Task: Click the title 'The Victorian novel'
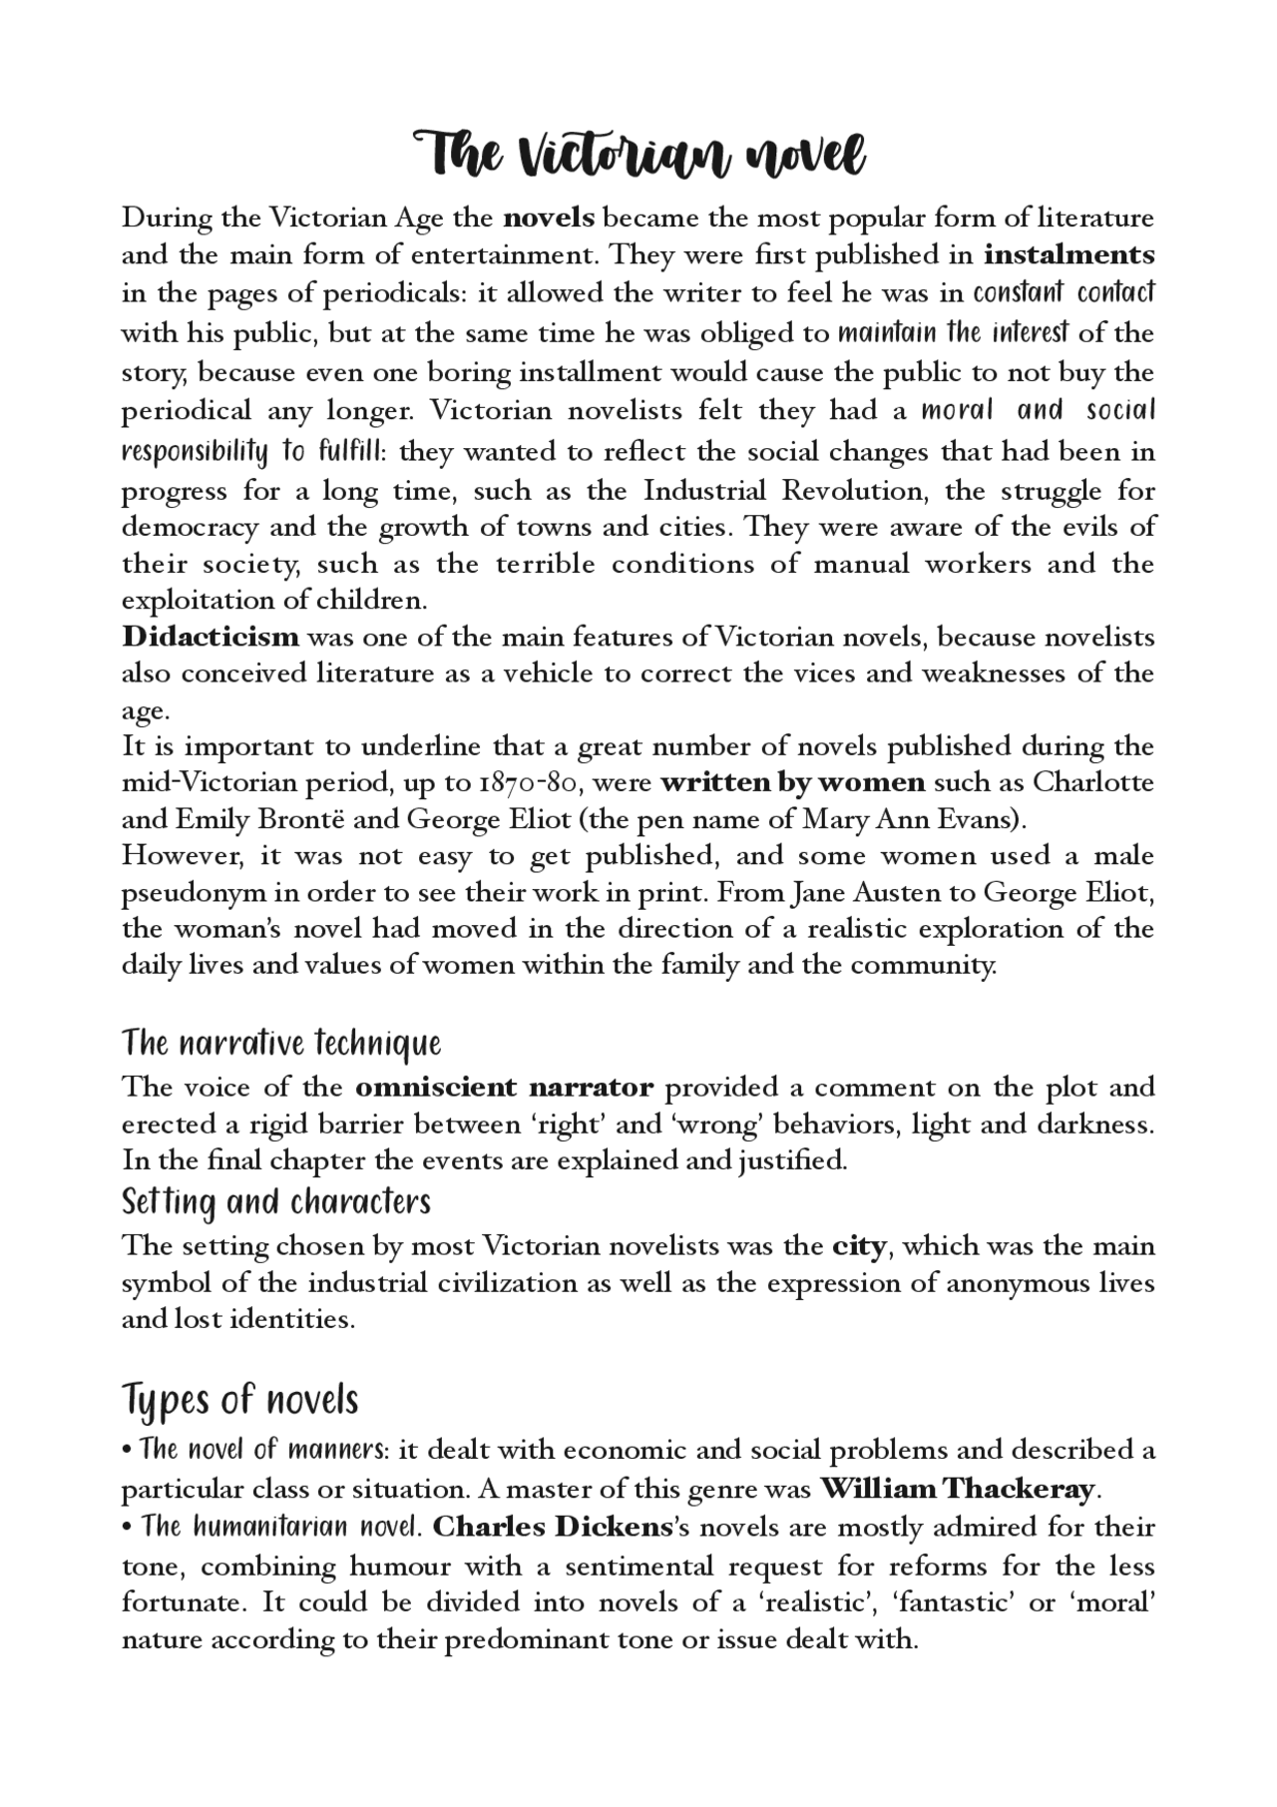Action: [x=638, y=156]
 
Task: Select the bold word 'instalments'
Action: [x=1068, y=254]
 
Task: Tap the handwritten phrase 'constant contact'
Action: [x=1064, y=293]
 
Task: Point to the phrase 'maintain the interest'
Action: [x=953, y=332]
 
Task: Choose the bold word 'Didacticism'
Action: [x=210, y=637]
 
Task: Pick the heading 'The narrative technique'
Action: [x=281, y=1044]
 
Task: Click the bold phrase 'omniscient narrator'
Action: [x=504, y=1087]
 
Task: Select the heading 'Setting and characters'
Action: [x=276, y=1202]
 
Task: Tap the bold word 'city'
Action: [x=859, y=1246]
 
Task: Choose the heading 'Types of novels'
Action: [x=239, y=1400]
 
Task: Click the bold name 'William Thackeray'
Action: [x=957, y=1490]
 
